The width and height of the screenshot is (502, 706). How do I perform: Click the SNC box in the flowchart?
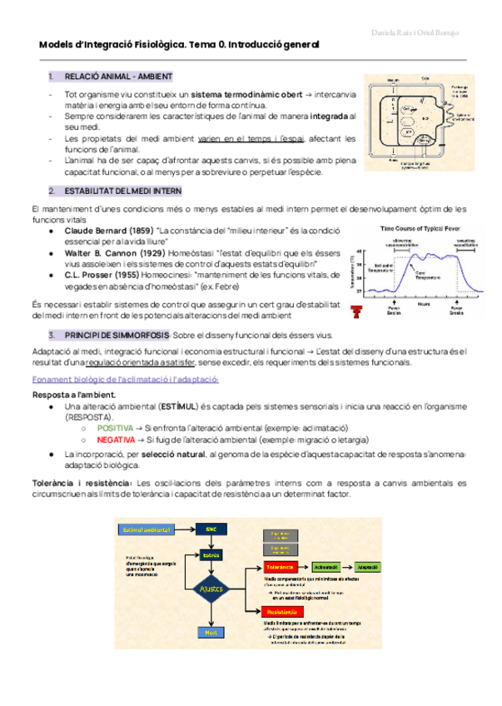(x=211, y=528)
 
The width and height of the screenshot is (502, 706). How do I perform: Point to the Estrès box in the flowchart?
(x=211, y=554)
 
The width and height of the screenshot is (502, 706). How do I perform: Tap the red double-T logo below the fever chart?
(x=357, y=311)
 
